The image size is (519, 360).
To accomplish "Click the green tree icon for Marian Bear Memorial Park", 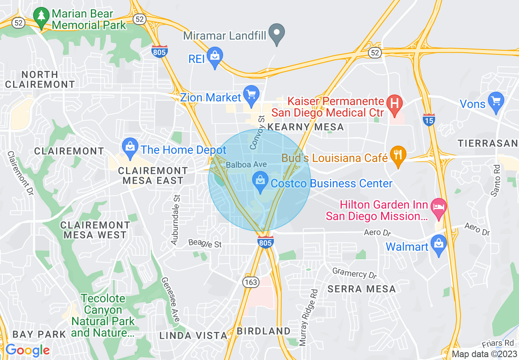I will [41, 18].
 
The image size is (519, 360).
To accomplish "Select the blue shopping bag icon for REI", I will [214, 57].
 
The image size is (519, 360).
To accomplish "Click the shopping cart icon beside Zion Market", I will [251, 95].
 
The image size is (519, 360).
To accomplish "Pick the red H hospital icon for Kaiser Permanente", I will [395, 103].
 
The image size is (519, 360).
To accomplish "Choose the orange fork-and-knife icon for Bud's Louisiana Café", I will [398, 155].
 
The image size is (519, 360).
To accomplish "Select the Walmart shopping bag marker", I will [439, 245].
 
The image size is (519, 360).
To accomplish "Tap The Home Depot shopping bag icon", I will [130, 147].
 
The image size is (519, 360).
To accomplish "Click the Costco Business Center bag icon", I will [259, 181].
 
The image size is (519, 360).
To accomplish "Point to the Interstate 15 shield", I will [429, 119].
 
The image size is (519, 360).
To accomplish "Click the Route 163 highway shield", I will [250, 282].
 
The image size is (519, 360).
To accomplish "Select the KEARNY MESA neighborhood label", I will [305, 127].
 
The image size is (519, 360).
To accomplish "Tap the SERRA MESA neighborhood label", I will [361, 289].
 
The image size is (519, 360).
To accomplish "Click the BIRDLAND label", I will [264, 331].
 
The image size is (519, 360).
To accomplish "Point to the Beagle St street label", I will [205, 244].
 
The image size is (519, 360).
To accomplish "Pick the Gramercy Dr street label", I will [354, 273].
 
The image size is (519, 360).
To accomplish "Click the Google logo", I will [27, 350].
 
